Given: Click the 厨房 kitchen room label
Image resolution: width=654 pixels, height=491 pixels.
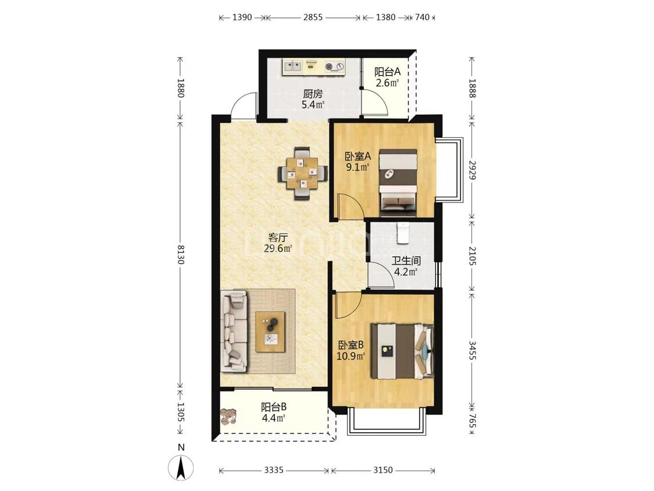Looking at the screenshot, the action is click(313, 94).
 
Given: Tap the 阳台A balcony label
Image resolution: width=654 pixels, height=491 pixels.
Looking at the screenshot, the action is click(388, 72).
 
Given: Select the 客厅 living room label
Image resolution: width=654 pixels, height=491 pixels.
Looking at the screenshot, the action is click(278, 238).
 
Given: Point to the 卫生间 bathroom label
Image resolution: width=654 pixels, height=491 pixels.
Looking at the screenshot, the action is click(406, 261).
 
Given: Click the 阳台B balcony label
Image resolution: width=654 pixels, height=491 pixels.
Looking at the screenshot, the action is click(274, 407).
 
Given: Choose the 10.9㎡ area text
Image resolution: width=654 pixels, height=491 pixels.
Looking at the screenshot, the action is click(351, 356).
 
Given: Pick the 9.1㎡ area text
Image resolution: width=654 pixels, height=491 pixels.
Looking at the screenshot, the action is click(358, 168).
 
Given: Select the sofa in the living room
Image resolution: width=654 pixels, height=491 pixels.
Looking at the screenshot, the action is click(234, 332).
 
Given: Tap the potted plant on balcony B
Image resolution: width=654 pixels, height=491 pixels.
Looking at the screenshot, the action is click(228, 417).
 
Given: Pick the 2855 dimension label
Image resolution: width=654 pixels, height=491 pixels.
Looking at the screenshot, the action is click(313, 17).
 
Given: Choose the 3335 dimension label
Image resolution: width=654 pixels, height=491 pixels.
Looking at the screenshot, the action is click(274, 470).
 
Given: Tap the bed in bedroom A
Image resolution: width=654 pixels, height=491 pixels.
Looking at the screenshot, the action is click(398, 183).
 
